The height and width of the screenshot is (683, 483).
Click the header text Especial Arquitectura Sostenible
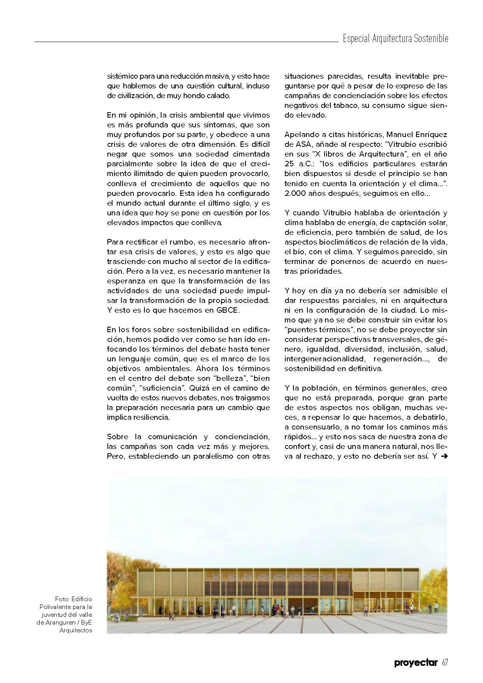(395, 39)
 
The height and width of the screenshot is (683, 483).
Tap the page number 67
(445, 662)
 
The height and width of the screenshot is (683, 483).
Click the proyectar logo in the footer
(416, 663)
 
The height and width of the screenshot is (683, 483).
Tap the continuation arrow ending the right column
(443, 456)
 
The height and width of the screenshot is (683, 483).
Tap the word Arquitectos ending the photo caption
(76, 630)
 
